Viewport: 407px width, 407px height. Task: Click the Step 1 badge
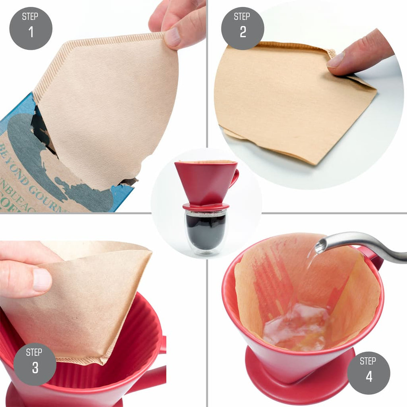coord(31,28)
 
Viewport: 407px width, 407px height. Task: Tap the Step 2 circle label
coord(243,28)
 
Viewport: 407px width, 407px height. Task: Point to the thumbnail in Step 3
coord(42,280)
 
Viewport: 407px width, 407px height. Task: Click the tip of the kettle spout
coord(320,245)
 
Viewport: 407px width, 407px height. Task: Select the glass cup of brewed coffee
coord(206,231)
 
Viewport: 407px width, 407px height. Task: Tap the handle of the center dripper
coord(235,177)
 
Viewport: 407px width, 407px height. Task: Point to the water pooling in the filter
coord(294,326)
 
